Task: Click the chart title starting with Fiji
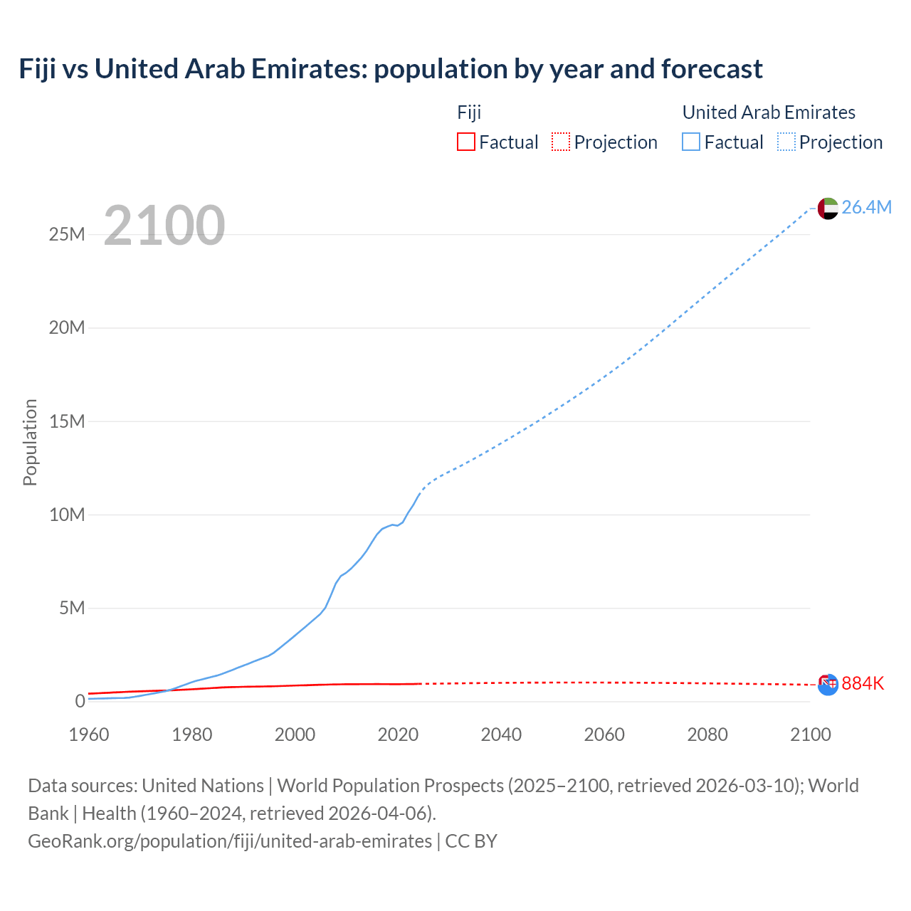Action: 391,69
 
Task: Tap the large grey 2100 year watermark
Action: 164,226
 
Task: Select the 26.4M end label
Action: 866,207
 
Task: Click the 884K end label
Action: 863,683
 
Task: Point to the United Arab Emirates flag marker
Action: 827,208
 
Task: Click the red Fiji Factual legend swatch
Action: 466,142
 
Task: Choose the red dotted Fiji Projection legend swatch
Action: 561,142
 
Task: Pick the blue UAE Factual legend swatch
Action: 691,142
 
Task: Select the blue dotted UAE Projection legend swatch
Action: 786,142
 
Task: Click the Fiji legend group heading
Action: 469,112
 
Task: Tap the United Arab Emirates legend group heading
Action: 769,112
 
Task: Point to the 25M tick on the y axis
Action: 67,234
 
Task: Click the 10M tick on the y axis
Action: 67,514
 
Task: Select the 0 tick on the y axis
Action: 80,701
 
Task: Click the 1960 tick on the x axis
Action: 89,734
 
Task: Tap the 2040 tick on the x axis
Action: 501,734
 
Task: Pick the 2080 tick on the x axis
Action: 707,734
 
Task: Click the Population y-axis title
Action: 30,442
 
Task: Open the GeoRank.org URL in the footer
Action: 230,841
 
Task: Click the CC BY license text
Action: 471,841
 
